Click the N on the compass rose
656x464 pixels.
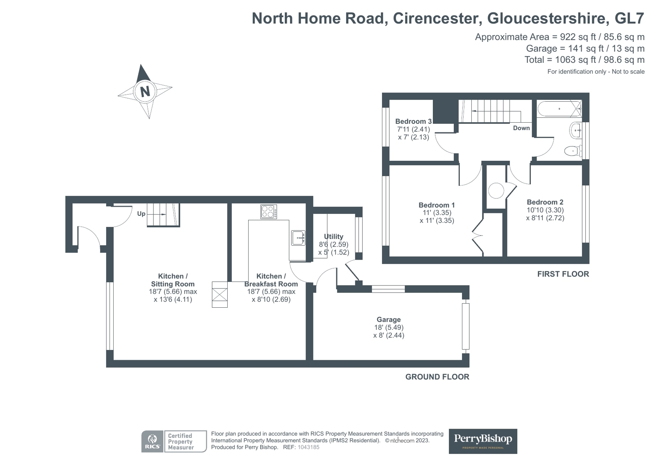coord(145,91)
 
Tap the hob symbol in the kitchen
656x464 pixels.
coord(269,212)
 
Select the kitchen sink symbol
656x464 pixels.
coord(298,238)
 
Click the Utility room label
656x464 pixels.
coord(333,237)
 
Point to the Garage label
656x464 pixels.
coord(389,320)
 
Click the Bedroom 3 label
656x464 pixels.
coord(413,121)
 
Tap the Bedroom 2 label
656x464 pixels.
coord(545,202)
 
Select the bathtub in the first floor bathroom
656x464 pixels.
coord(559,109)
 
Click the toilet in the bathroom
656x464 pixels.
coord(573,151)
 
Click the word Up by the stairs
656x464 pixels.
coord(141,214)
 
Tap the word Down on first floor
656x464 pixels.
coord(521,128)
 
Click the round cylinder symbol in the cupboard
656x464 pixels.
coord(496,191)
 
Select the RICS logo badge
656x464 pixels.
coord(152,441)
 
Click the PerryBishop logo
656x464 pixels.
coord(482,441)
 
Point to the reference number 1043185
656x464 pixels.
coord(308,447)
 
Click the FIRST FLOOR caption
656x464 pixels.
coord(563,274)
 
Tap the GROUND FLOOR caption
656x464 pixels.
coord(437,377)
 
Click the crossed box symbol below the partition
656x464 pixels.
coord(219,294)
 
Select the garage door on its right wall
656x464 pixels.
coord(465,326)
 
